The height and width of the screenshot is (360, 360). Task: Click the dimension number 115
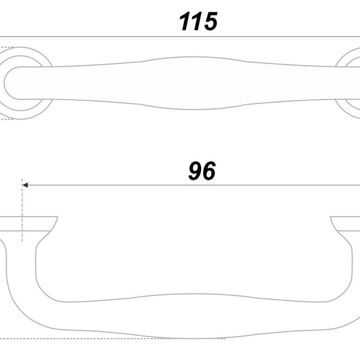[198, 21]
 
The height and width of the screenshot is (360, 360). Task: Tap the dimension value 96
[202, 171]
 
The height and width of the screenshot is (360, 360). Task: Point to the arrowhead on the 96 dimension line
[25, 185]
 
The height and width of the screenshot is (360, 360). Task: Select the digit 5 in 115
[209, 21]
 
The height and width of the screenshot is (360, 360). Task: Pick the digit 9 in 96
[195, 171]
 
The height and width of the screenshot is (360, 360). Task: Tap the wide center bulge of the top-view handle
[193, 83]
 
